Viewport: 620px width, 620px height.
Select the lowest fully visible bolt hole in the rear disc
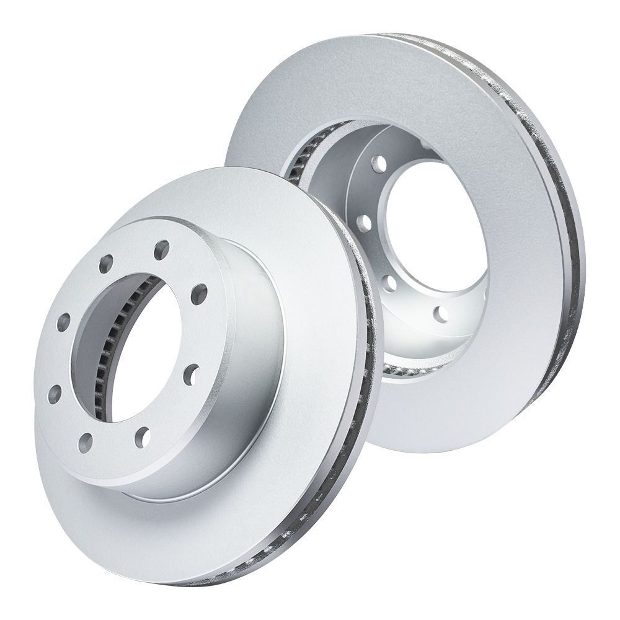(441, 314)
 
